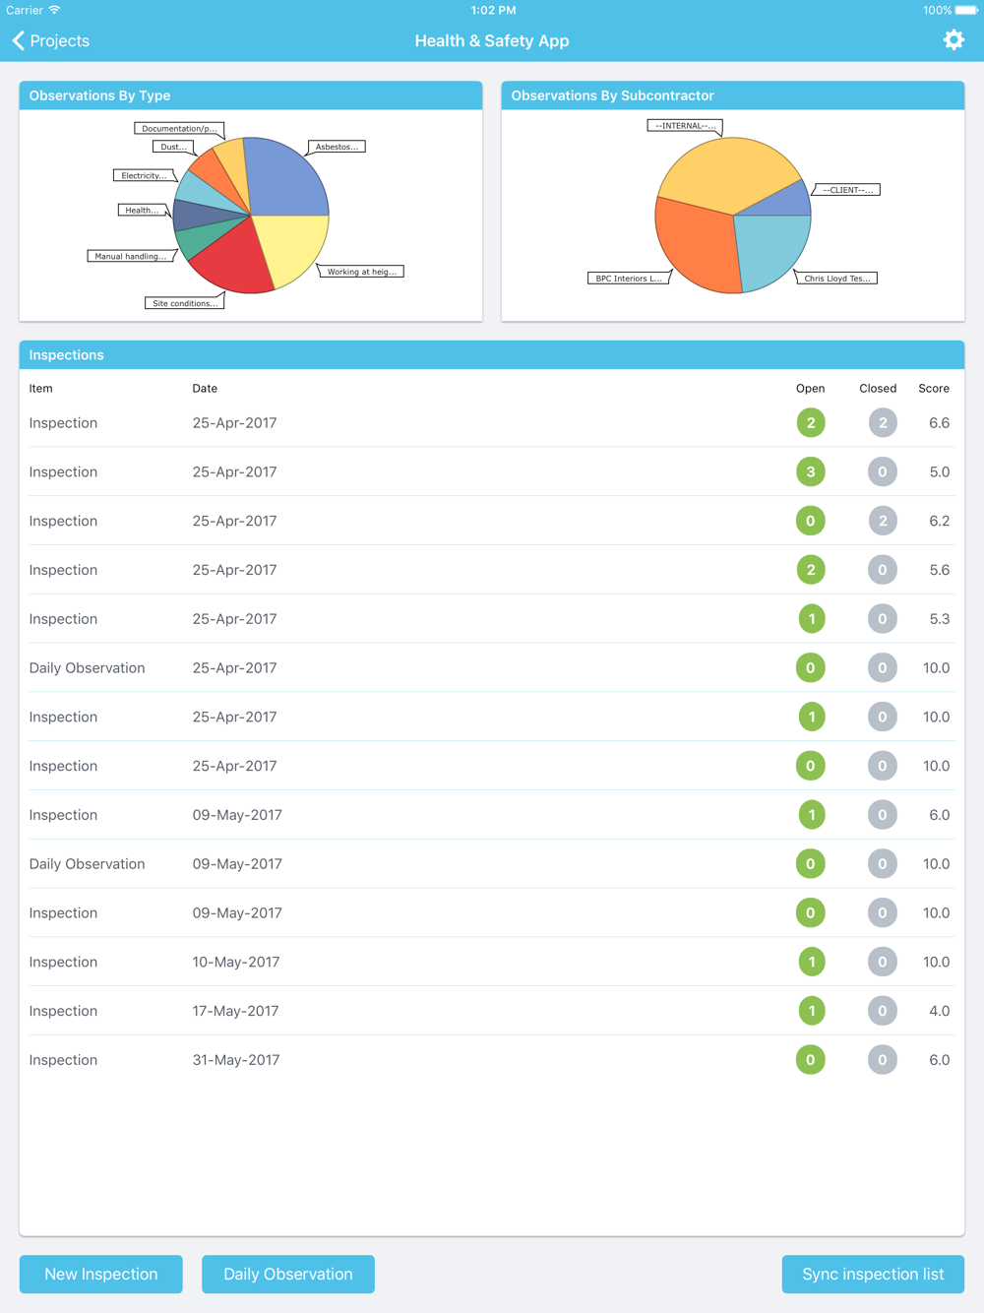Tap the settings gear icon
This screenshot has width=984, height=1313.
(x=953, y=40)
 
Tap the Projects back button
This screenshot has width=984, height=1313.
(x=51, y=40)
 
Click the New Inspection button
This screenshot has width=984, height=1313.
(x=101, y=1274)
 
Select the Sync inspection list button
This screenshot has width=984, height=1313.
(x=873, y=1274)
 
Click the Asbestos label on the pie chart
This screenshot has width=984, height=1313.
(x=337, y=147)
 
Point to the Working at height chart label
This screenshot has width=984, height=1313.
(x=361, y=272)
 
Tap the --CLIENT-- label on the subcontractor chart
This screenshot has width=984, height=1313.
(x=846, y=190)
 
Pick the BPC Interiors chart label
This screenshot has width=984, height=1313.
(x=629, y=279)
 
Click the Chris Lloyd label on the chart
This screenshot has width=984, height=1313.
(x=836, y=279)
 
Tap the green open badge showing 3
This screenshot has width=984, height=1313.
(x=811, y=471)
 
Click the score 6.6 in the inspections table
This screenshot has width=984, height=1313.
(x=939, y=423)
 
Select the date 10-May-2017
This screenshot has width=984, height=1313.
(x=236, y=962)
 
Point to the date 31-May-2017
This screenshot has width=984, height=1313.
(x=236, y=1060)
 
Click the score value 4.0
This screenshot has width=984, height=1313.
(x=939, y=1011)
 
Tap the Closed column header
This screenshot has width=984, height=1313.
(x=878, y=389)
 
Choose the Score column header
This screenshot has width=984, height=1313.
(x=934, y=389)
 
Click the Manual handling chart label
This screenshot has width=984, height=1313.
(x=131, y=256)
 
